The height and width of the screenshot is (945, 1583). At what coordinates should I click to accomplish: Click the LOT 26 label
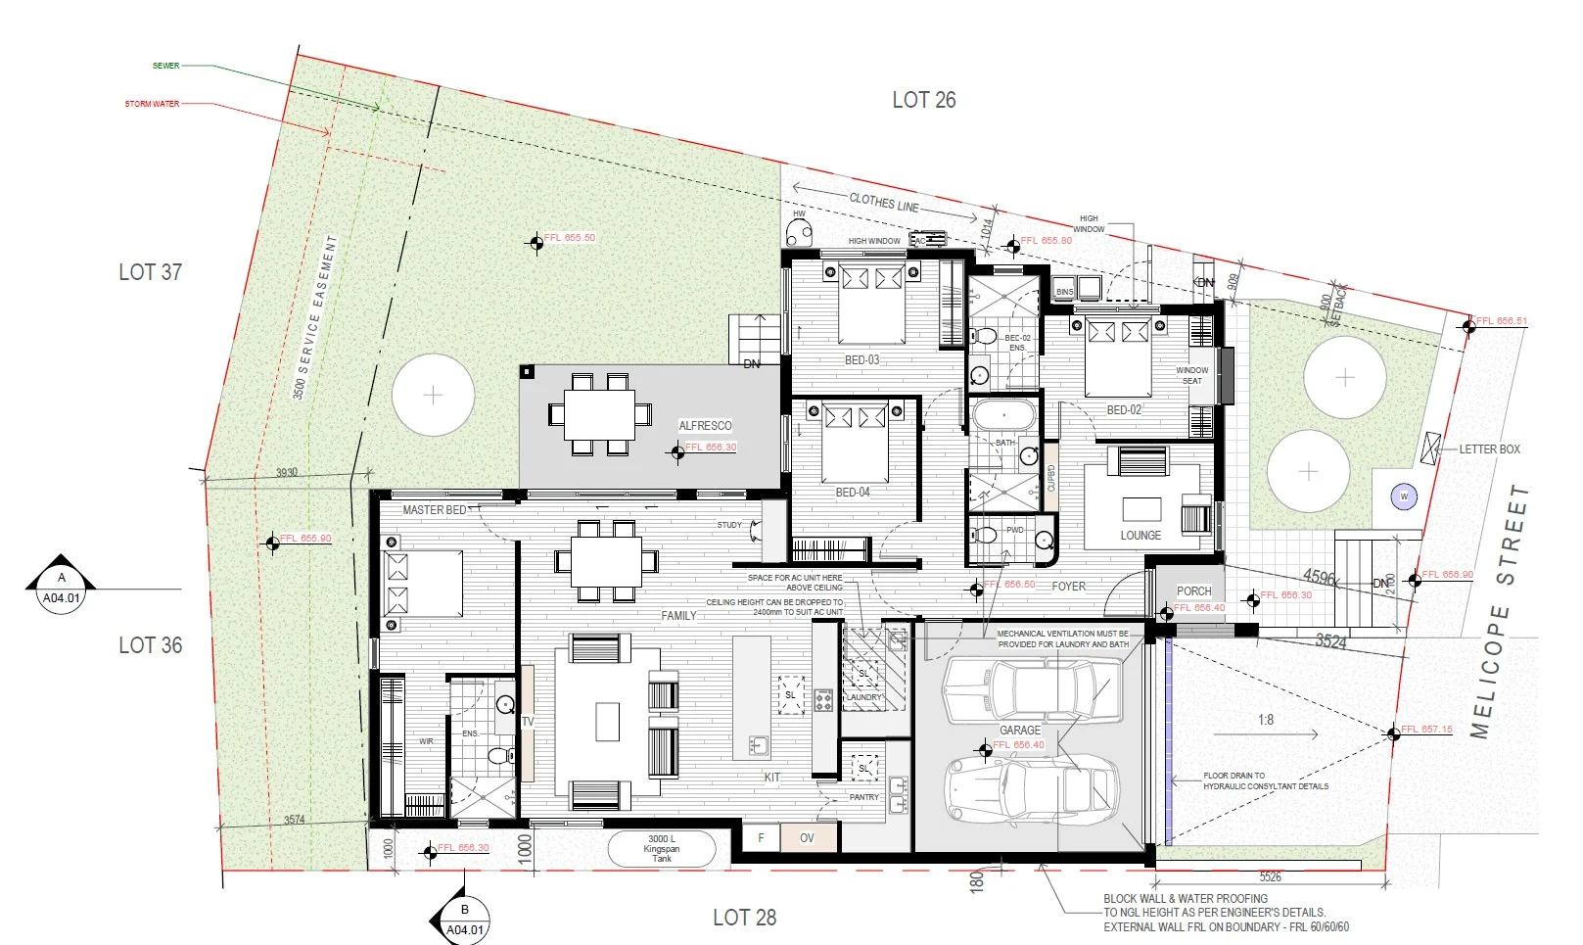click(x=923, y=100)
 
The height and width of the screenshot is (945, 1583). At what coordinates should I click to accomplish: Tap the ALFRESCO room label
click(x=705, y=426)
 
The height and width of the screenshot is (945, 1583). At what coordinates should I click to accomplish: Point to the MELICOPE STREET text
click(x=1499, y=611)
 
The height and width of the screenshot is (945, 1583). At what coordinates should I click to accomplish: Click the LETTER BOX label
click(x=1489, y=449)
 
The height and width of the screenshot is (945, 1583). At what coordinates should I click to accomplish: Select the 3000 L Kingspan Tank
click(x=662, y=848)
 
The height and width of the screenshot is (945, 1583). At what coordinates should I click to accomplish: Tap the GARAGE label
click(x=1019, y=731)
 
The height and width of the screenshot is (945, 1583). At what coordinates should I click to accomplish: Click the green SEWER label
click(x=165, y=66)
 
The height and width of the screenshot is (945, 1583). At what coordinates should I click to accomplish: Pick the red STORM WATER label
click(x=152, y=104)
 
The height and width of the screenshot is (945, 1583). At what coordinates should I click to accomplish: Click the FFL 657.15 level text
click(x=1426, y=730)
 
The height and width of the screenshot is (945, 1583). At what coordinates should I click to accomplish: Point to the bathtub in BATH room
click(x=1003, y=415)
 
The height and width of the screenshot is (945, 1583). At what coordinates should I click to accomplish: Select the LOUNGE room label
click(x=1141, y=536)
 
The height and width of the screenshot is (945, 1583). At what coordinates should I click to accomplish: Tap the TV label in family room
click(x=528, y=722)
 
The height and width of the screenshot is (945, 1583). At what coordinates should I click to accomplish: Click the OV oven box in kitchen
click(x=808, y=838)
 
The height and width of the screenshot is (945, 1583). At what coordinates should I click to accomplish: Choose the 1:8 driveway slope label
click(x=1266, y=720)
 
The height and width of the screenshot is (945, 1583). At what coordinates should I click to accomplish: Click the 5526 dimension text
click(x=1270, y=877)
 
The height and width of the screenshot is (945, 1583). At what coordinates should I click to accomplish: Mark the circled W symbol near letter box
click(x=1404, y=496)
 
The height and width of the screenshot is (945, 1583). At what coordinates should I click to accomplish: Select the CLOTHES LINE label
click(x=884, y=203)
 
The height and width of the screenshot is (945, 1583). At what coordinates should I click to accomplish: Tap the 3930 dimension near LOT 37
click(x=286, y=472)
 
